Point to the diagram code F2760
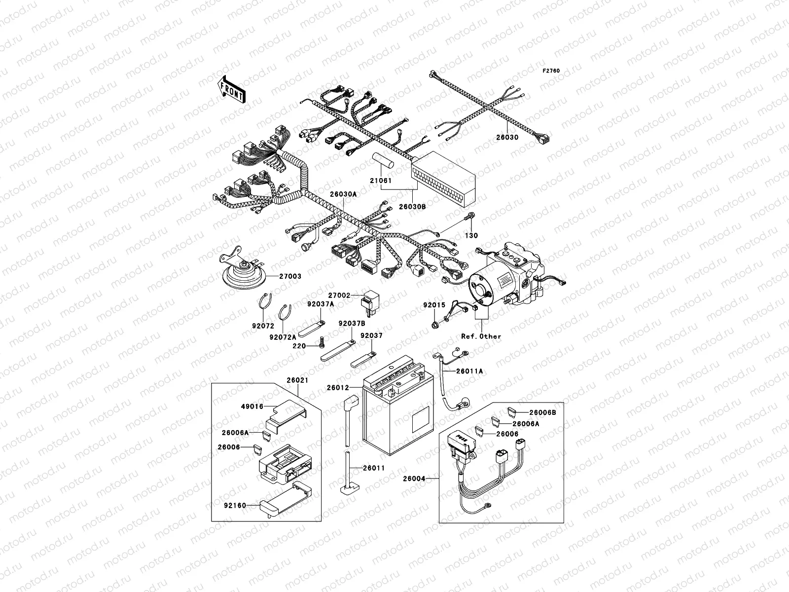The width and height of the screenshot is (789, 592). tap(551, 71)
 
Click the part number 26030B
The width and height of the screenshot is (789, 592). tap(413, 207)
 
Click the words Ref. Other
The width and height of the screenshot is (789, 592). tap(481, 336)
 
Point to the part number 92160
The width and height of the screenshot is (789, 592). tap(236, 505)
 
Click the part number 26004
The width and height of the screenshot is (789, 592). tap(414, 478)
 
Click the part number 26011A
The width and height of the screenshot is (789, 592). tap(469, 370)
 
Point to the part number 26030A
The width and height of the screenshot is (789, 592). tap(343, 194)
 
